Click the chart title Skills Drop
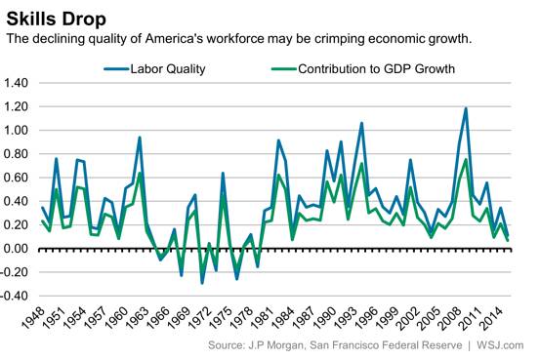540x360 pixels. click(x=56, y=19)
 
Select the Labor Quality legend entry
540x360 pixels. click(x=154, y=69)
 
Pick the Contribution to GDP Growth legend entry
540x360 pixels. click(x=363, y=69)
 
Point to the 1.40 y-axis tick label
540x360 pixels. click(x=16, y=83)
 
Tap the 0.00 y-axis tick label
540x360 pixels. click(x=16, y=249)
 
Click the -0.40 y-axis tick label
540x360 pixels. click(x=14, y=296)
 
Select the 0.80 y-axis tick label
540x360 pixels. click(x=16, y=154)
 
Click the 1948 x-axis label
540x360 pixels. click(x=33, y=317)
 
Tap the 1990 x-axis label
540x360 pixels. click(x=325, y=317)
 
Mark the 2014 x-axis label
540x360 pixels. click(x=492, y=317)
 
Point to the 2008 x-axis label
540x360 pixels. click(x=451, y=317)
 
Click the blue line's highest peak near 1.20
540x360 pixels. click(x=466, y=108)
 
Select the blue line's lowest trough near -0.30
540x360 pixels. click(x=202, y=283)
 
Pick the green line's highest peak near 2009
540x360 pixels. click(x=466, y=159)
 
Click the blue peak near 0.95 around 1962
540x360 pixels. click(x=140, y=138)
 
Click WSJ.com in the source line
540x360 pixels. click(x=500, y=345)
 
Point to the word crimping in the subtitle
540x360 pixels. click(x=334, y=39)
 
